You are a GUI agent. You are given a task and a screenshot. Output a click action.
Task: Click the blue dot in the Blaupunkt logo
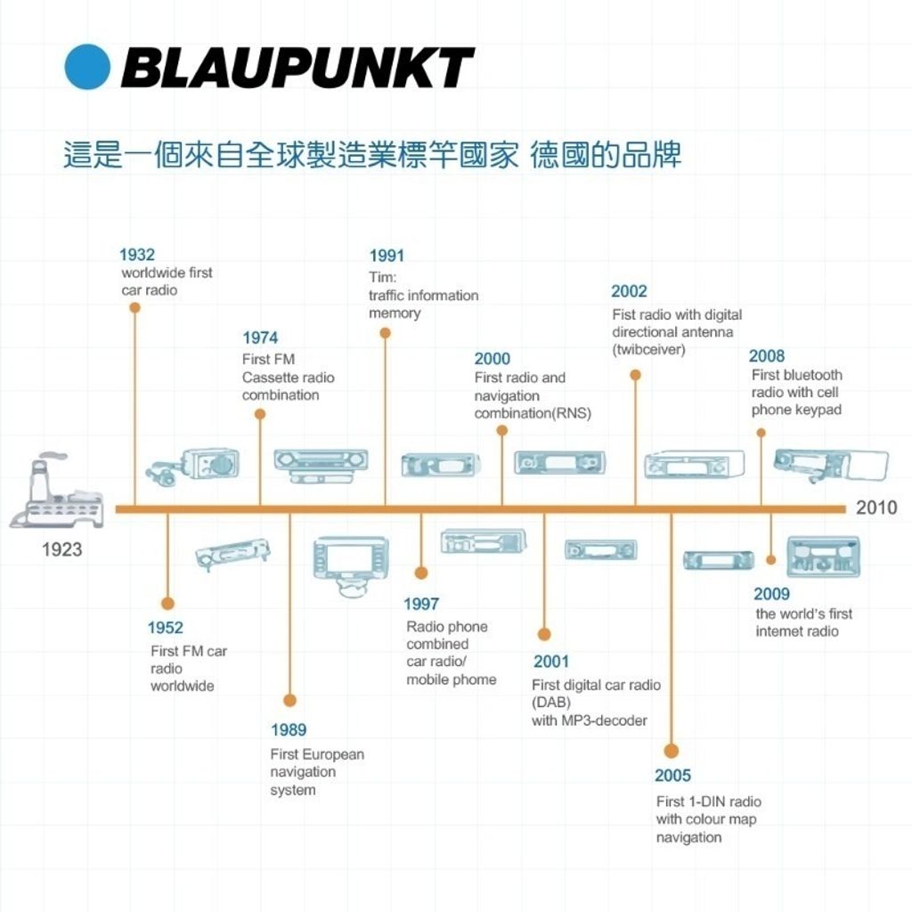pos(87,67)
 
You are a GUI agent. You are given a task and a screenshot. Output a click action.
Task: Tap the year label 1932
pos(137,255)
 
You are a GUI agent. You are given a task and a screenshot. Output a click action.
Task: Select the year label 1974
pos(260,338)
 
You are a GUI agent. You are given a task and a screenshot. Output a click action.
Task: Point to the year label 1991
pos(387,256)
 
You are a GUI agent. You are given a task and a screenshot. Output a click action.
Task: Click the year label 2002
pos(629,291)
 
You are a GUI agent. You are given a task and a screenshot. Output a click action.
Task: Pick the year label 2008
pos(767,356)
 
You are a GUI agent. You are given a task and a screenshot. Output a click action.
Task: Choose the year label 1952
pos(166,628)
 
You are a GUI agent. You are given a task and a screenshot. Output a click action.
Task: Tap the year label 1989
pos(289,730)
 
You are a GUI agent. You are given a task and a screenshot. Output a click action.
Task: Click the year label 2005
pos(672,776)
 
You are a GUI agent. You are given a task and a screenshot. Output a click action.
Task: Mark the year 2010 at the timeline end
pos(876,508)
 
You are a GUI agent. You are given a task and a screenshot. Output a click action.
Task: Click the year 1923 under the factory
pos(61,550)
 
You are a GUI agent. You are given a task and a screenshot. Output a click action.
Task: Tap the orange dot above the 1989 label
pos(289,700)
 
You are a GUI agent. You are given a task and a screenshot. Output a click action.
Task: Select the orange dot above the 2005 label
pos(672,751)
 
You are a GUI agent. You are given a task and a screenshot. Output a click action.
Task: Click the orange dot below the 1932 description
pos(134,307)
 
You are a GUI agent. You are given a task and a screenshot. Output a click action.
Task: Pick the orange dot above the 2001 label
pos(544,634)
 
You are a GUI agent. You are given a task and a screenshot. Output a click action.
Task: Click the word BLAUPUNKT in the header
pos(297,68)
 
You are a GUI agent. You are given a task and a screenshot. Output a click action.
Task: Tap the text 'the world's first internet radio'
pos(803,623)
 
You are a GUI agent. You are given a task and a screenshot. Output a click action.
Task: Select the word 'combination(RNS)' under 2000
pos(533,413)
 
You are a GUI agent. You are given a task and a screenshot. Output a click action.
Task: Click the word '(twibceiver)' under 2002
pos(648,350)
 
